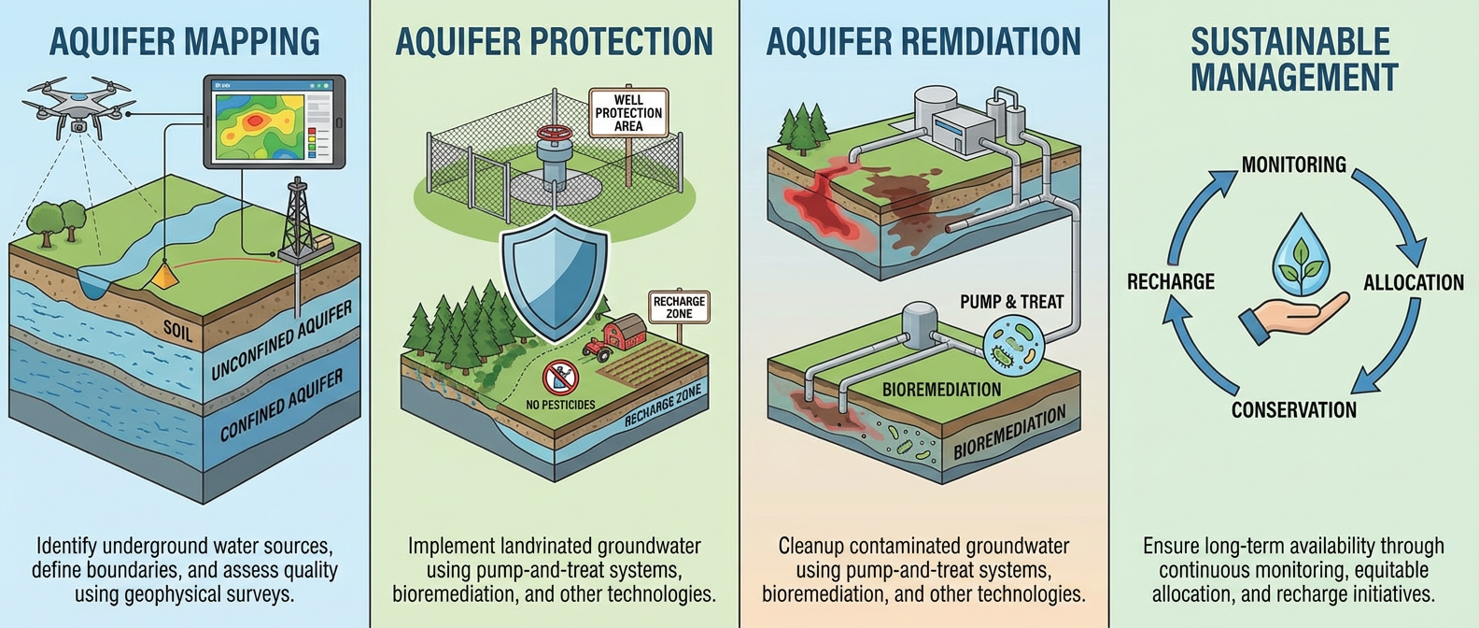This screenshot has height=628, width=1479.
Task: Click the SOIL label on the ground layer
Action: point(178,330)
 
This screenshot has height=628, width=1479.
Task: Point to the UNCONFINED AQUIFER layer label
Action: point(281,340)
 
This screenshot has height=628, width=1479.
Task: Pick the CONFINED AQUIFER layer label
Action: point(281,405)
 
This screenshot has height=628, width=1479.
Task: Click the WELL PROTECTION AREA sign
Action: point(628,113)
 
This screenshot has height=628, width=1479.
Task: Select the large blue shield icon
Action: point(555,276)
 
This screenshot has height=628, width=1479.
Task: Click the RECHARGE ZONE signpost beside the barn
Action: point(679,307)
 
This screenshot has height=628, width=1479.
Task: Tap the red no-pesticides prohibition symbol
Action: point(560,378)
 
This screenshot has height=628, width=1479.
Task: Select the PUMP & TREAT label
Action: point(1011,302)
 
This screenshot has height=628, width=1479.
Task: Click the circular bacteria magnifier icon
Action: point(1012,345)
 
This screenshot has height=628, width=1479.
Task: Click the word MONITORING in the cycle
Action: point(1293,165)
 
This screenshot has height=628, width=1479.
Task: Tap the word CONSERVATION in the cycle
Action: point(1293,409)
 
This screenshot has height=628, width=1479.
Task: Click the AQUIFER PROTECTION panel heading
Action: point(554,42)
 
